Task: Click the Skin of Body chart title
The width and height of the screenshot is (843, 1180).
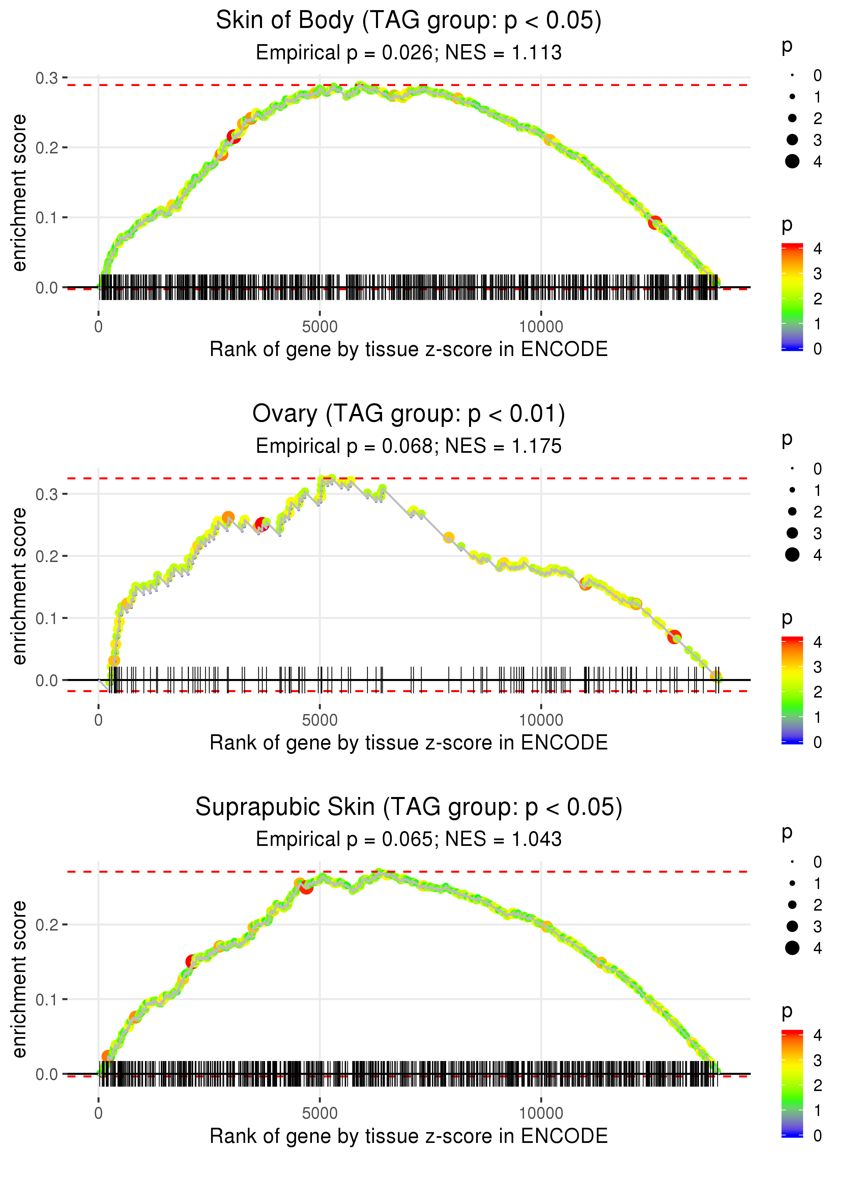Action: pos(409,21)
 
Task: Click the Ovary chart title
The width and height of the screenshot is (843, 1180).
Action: pos(409,414)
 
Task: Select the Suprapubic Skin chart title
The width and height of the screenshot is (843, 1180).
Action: pos(409,807)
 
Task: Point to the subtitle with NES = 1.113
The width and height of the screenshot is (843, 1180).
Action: pos(409,53)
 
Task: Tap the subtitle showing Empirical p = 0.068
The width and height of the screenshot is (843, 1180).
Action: pos(409,446)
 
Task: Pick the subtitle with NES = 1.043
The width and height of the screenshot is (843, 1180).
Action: pos(409,839)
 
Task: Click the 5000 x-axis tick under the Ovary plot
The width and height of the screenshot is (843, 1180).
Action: pos(320,720)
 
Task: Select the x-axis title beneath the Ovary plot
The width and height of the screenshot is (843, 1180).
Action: pos(409,743)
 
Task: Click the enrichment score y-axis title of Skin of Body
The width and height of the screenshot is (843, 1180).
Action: pos(19,193)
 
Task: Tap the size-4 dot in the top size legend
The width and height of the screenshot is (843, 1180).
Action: pos(792,161)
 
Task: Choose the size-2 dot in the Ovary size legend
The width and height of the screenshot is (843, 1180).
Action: pos(792,512)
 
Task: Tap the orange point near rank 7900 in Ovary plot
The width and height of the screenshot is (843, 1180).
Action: pos(448,538)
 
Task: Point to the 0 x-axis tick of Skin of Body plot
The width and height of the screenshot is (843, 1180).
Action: pos(98,327)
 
